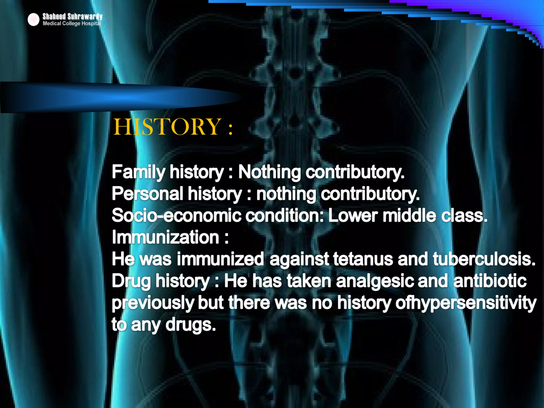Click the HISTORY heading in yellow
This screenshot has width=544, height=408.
point(173,127)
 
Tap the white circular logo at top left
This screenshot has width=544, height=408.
point(33,20)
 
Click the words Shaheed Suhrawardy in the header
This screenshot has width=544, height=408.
point(72,16)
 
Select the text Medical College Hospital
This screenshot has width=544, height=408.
point(72,24)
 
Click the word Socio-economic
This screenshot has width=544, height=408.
point(176,215)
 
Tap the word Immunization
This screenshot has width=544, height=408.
point(165,237)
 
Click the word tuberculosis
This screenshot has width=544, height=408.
point(484,259)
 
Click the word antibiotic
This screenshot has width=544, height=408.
point(490,281)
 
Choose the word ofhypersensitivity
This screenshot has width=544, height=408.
point(466,303)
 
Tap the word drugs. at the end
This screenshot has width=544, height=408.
point(190,325)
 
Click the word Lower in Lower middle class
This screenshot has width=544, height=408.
point(353,215)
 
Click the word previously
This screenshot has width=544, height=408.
point(153,303)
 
